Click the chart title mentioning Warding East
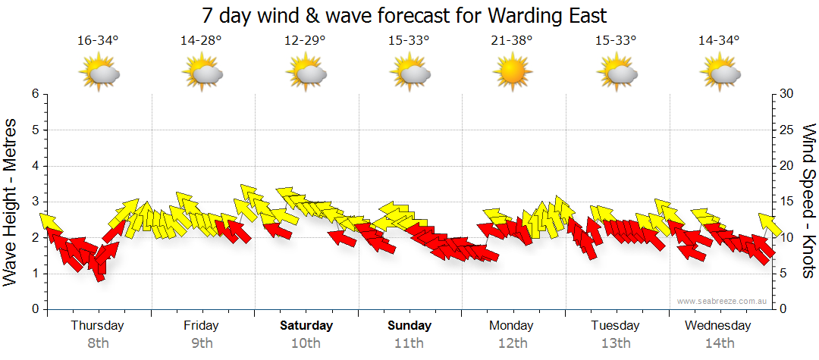click(x=405, y=15)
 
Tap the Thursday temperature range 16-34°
click(x=98, y=41)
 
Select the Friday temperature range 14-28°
click(x=201, y=41)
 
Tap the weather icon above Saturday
click(x=306, y=74)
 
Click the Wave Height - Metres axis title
click(x=11, y=202)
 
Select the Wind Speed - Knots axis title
click(x=808, y=202)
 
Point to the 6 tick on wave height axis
click(x=34, y=94)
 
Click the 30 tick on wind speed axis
click(x=787, y=94)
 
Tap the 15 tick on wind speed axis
click(x=787, y=202)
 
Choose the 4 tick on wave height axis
click(x=34, y=166)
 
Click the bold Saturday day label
click(x=306, y=326)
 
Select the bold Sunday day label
click(x=409, y=326)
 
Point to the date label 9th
click(x=201, y=343)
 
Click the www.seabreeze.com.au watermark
click(x=723, y=301)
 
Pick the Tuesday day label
click(x=615, y=326)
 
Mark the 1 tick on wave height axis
click(x=34, y=274)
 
